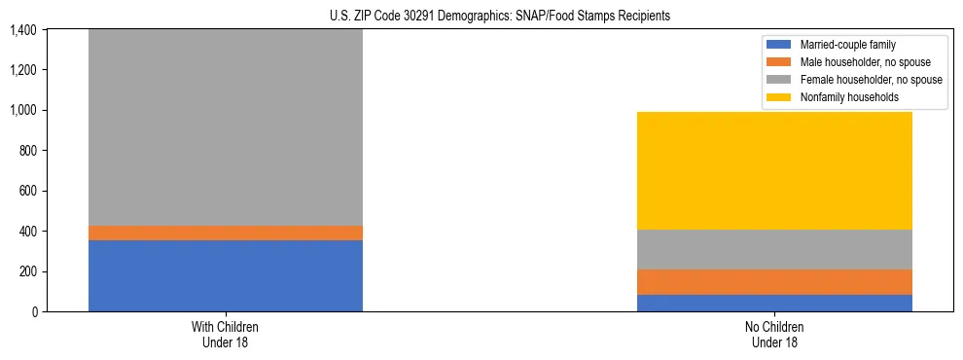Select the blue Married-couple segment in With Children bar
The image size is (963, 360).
[226, 275]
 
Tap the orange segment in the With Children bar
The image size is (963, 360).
[226, 233]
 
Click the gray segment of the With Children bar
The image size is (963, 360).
[226, 126]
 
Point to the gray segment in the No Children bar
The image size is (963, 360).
[774, 249]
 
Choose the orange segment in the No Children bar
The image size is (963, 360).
[774, 282]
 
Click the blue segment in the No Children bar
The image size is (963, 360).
[774, 303]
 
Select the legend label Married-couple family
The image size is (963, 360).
[848, 45]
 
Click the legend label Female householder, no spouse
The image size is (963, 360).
[871, 80]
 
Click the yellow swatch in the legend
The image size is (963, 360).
[780, 97]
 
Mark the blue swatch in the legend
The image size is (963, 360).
[780, 45]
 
